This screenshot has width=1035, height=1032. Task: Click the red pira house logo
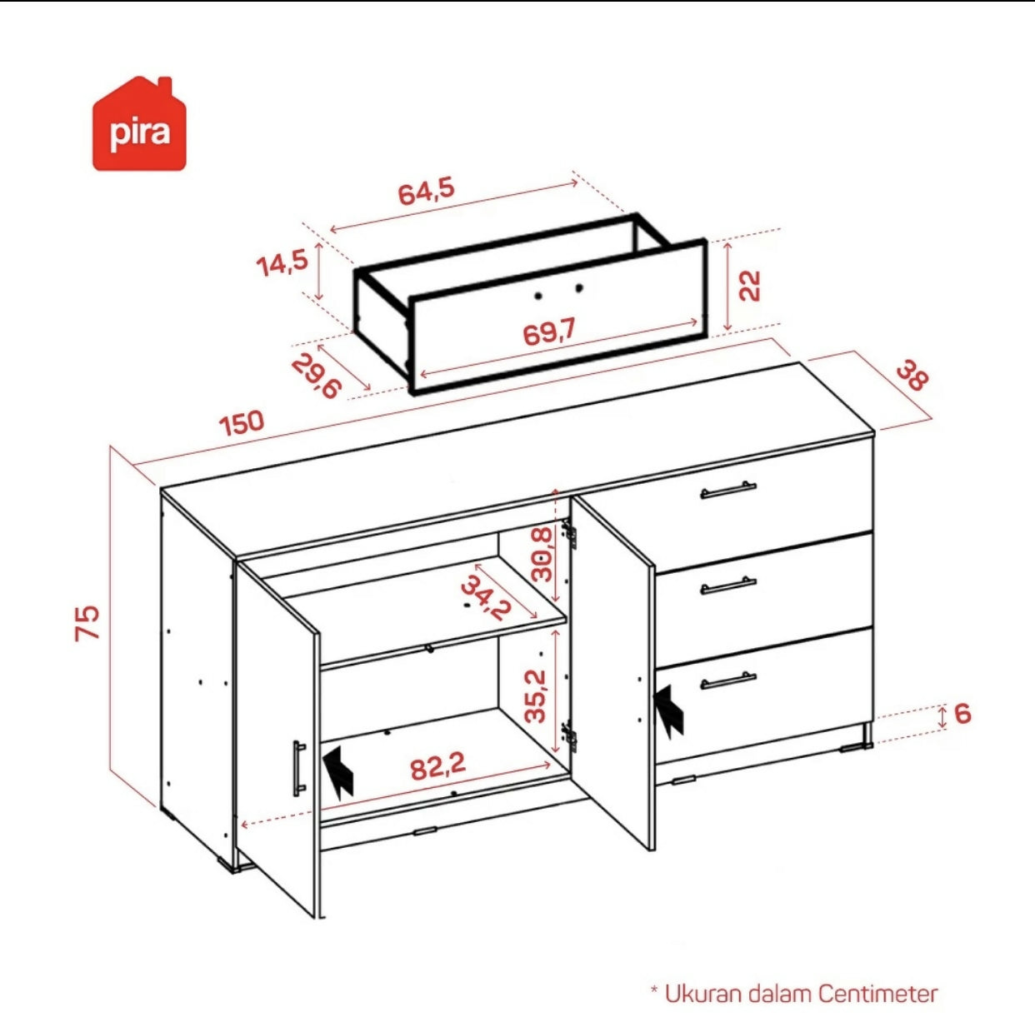click(x=140, y=124)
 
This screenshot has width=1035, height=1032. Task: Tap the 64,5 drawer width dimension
click(x=427, y=192)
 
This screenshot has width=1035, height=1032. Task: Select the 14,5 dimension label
click(x=282, y=263)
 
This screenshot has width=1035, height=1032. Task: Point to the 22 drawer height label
click(x=750, y=286)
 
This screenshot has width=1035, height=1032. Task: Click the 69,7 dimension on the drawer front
click(x=549, y=332)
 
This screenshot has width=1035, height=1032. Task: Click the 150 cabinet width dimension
click(x=242, y=422)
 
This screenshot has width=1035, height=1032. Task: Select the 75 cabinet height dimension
click(x=87, y=622)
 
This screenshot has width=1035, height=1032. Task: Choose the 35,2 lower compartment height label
click(x=536, y=695)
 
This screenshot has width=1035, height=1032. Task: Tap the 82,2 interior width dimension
click(x=437, y=766)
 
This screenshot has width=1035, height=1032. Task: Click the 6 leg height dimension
click(x=963, y=714)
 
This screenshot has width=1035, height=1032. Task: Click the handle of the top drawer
click(x=728, y=491)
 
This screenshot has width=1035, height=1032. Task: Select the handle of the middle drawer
click(x=728, y=586)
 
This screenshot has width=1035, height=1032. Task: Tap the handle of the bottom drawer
click(x=728, y=681)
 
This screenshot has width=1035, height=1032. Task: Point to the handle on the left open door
click(x=298, y=768)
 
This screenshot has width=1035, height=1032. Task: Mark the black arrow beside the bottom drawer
click(x=668, y=710)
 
